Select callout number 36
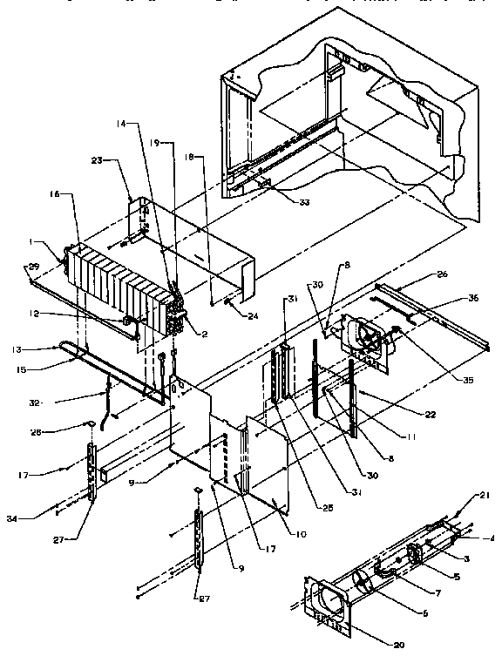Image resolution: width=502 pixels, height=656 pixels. tap(472, 298)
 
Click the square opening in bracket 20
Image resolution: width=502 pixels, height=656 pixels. tap(326, 600)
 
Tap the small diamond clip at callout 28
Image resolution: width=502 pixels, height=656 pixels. tap(89, 423)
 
